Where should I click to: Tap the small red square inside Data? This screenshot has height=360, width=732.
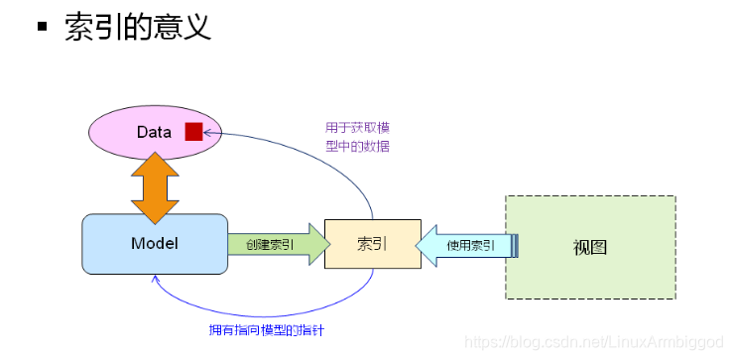[192, 132]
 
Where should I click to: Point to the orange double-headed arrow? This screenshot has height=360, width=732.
[154, 187]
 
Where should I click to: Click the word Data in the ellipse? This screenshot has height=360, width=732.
[155, 132]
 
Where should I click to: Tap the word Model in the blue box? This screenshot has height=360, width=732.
[154, 243]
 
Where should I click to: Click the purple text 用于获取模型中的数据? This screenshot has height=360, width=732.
[357, 137]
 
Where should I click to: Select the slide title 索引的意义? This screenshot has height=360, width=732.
[138, 27]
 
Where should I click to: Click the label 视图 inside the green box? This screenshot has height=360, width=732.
[589, 247]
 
